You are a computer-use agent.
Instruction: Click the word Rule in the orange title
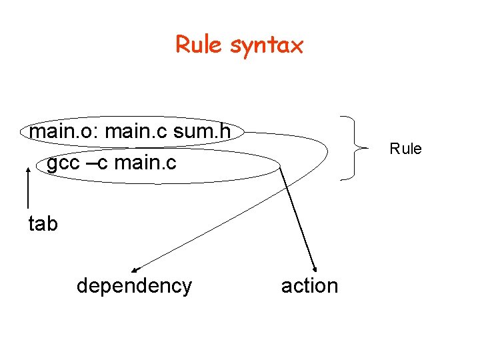coord(199,45)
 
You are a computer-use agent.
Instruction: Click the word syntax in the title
coord(267,46)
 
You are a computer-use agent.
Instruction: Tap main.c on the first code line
coord(136,132)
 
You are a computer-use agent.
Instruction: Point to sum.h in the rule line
coord(201,132)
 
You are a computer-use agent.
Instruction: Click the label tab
coord(43,224)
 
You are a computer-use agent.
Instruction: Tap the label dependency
coord(134,286)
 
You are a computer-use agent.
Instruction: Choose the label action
coord(309,286)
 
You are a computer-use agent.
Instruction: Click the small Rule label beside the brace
coord(405,149)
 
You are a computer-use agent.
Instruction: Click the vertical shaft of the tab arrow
coord(28,190)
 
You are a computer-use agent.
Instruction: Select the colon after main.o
coord(99,133)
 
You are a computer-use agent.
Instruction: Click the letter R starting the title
coord(182,45)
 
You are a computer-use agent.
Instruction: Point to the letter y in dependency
coord(185,287)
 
